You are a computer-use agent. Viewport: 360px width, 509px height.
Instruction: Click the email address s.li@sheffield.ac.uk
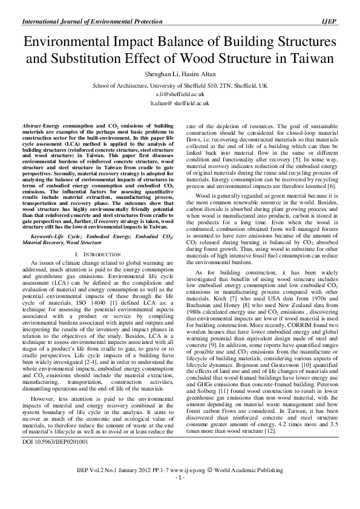point(179,95)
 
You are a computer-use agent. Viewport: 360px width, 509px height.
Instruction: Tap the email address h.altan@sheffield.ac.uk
point(179,104)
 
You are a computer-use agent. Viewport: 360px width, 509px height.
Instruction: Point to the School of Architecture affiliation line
point(179,86)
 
